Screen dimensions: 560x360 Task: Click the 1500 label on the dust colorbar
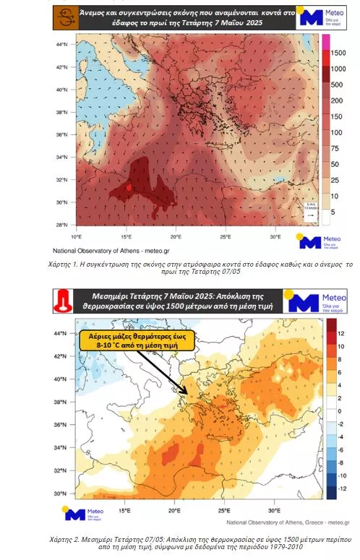pos(338,51)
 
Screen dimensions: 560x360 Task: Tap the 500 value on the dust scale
pos(336,85)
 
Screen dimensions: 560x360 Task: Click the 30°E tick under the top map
pos(275,236)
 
